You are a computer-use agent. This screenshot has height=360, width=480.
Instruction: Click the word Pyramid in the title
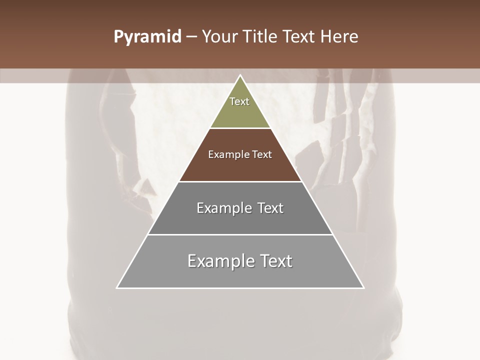[x=147, y=37]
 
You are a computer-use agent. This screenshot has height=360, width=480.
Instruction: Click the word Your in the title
[x=219, y=37]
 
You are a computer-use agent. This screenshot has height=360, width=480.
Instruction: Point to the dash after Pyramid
[x=191, y=37]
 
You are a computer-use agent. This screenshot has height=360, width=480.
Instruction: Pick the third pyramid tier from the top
[x=240, y=220]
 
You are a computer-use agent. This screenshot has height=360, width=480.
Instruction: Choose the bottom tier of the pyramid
[x=240, y=275]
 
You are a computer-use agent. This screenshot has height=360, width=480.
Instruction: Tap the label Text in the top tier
[x=239, y=101]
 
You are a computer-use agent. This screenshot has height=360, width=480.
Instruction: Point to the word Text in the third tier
[x=270, y=208]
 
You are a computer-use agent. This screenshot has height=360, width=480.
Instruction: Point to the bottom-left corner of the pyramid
[x=117, y=287]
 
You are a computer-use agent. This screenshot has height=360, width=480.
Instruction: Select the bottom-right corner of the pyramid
[x=363, y=287]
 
